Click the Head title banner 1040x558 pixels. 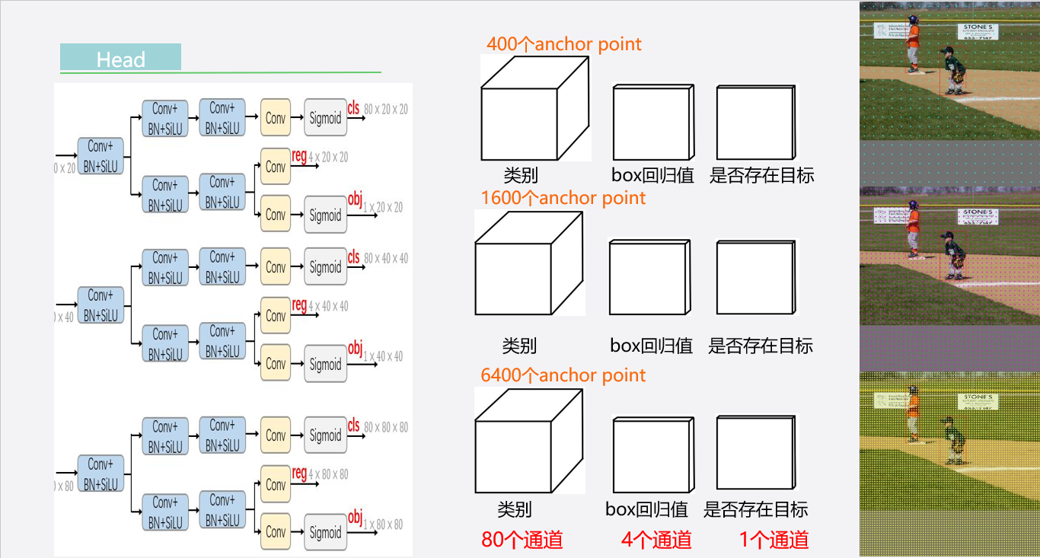click(120, 58)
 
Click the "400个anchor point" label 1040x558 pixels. click(564, 44)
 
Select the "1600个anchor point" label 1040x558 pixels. click(563, 198)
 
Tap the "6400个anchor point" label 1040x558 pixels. click(563, 375)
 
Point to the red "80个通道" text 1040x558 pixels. click(522, 540)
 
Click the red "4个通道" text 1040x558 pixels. click(656, 540)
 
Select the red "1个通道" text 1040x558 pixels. click(774, 540)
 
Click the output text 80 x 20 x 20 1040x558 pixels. click(385, 110)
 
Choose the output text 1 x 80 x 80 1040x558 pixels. click(383, 525)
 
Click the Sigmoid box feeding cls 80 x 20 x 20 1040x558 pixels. click(325, 118)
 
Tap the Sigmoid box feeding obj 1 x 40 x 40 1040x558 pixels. click(325, 365)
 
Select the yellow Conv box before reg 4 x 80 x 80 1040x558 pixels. click(276, 484)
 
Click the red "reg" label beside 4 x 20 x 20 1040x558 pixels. click(299, 156)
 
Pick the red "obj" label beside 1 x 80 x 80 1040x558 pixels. click(355, 518)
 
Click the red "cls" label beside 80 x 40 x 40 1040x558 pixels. click(354, 258)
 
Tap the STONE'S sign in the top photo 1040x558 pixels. click(978, 30)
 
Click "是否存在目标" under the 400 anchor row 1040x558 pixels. click(761, 176)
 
